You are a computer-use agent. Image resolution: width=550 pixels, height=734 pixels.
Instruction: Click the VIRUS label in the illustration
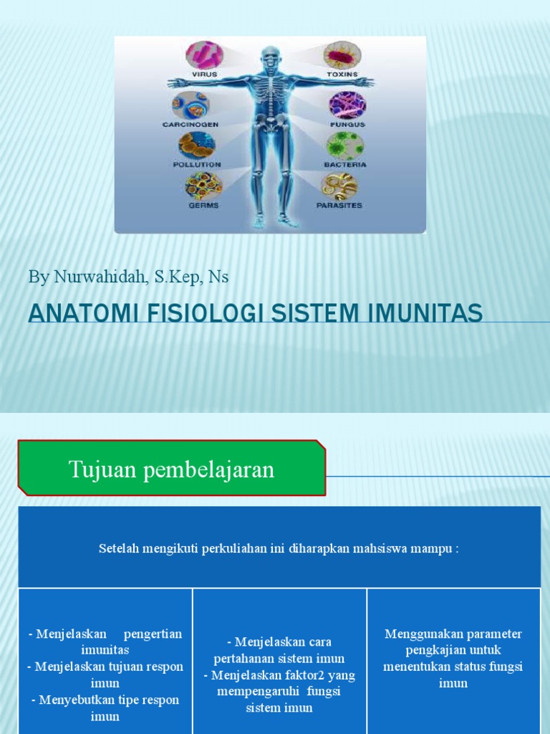[205, 74]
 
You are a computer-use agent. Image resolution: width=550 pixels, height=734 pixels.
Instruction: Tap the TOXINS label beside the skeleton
[342, 74]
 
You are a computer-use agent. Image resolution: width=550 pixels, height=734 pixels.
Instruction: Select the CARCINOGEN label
[190, 124]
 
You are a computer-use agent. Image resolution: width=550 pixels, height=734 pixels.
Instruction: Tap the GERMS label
[203, 205]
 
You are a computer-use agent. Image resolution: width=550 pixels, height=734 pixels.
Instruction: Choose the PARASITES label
[339, 205]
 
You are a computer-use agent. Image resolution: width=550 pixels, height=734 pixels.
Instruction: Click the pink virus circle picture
[204, 55]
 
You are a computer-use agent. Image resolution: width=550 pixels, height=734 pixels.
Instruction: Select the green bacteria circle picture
[346, 146]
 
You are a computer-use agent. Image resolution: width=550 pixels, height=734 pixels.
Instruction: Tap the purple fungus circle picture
[347, 105]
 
